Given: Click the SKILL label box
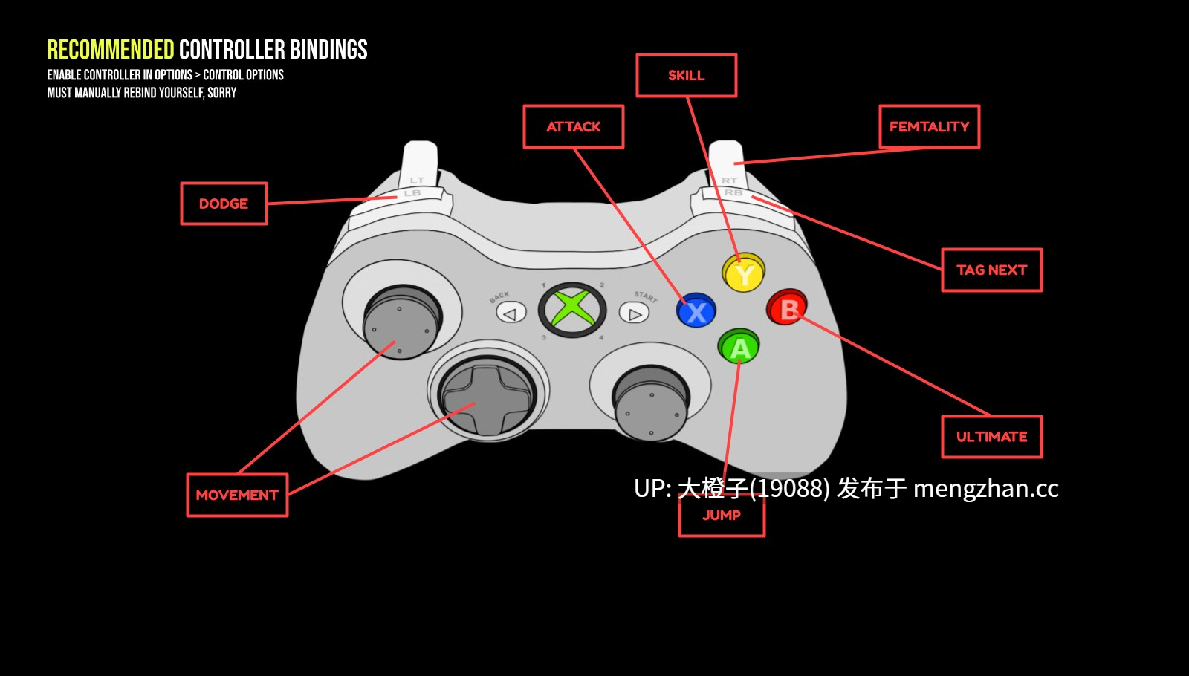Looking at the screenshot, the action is pos(687,75).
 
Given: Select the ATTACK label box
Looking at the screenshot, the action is pos(573,127).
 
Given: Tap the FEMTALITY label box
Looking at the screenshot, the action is pos(930,127).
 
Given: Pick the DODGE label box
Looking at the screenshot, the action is pos(224,204).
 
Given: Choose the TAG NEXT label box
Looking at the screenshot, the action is pos(991,270).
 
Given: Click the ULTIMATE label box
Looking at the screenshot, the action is pos(991,437).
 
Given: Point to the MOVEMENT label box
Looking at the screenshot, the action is pos(237,495).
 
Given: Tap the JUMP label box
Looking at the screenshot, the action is pos(722,515).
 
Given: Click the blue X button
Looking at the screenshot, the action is pos(696,311).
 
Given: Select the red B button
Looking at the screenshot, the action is pos(787,308).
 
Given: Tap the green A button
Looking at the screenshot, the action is pos(739,346).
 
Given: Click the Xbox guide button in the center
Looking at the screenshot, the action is pos(572,310).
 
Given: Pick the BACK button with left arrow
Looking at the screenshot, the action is pos(511,313).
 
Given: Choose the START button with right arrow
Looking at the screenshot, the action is pos(634,313).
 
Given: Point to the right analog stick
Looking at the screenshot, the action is pos(651,403).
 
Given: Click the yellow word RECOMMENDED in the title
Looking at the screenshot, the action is pos(111,50).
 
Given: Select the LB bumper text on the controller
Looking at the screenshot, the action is pos(412,193).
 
